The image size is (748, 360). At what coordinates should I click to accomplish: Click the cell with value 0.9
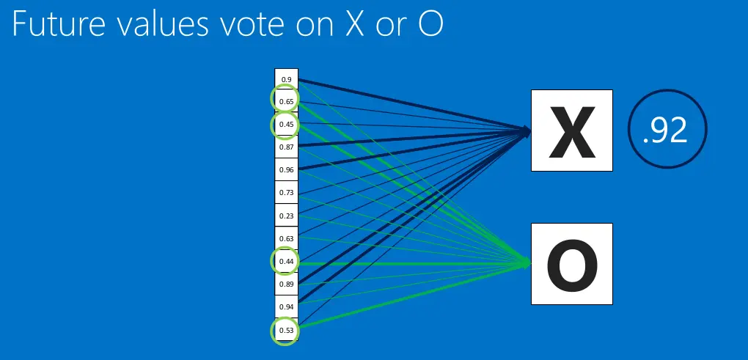click(x=286, y=79)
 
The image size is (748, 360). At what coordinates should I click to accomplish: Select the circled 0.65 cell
click(x=286, y=101)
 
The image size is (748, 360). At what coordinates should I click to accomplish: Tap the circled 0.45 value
click(x=286, y=125)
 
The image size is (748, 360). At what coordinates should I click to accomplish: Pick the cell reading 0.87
click(x=286, y=147)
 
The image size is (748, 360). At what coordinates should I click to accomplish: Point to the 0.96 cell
click(x=286, y=170)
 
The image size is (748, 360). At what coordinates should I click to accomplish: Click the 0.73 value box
click(x=286, y=193)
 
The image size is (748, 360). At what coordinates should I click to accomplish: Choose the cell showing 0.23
click(x=286, y=216)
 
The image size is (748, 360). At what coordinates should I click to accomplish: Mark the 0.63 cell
click(x=286, y=238)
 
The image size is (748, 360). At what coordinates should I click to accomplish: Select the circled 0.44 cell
click(x=286, y=261)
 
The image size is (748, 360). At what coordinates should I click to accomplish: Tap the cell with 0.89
click(x=286, y=284)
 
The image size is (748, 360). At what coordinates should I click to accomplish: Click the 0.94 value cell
click(x=286, y=306)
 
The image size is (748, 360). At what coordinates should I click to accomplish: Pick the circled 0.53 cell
click(x=286, y=330)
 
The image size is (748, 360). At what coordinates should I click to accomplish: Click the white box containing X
click(x=571, y=131)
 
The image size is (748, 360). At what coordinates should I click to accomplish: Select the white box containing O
click(x=571, y=263)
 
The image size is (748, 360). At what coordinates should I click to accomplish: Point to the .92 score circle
click(x=667, y=131)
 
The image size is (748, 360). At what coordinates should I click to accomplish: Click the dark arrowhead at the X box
click(x=526, y=131)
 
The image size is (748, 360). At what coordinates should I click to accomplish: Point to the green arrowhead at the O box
click(x=526, y=263)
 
